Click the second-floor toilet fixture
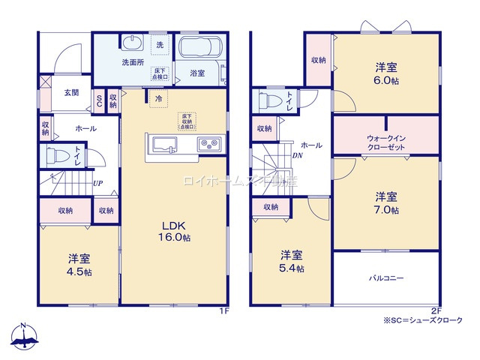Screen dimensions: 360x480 point(271,100)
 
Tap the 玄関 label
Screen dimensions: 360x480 point(71,92)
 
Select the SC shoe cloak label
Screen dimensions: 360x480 point(99,100)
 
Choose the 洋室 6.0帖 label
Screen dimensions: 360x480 point(386,72)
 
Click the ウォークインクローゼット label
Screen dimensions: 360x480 point(387,142)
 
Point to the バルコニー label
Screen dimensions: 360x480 point(386,278)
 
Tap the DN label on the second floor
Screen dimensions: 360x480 point(297,156)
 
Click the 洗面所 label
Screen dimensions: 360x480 point(133,63)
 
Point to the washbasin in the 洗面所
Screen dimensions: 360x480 point(132,41)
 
